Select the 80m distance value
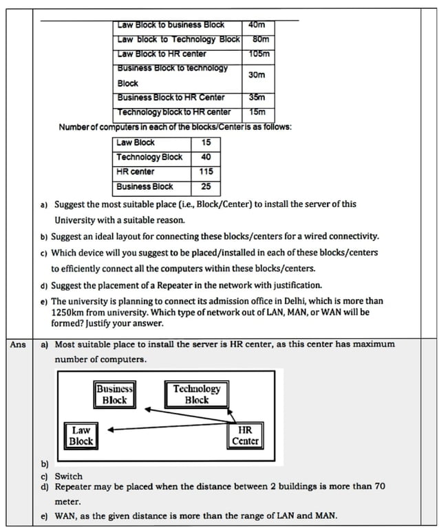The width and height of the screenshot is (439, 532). point(260,39)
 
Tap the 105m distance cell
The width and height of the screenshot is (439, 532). point(260,54)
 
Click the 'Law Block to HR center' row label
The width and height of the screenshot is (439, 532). point(161,54)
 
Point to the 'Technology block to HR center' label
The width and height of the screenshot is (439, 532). point(173,112)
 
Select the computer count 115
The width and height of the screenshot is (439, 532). point(206,172)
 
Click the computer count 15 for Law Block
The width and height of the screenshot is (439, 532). point(206,143)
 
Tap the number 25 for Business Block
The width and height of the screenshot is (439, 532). point(206,186)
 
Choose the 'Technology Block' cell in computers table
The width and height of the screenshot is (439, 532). point(149,157)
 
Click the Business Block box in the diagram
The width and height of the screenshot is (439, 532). point(114,394)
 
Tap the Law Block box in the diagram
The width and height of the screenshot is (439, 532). point(81,435)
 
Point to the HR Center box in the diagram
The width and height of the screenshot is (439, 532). point(246,435)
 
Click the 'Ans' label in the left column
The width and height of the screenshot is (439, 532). point(17,344)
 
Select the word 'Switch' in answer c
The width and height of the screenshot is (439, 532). point(69,476)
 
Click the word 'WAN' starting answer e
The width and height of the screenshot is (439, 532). point(67,516)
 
